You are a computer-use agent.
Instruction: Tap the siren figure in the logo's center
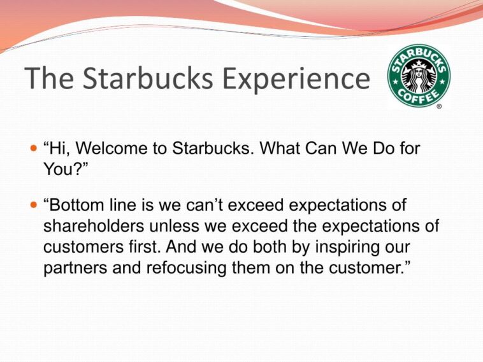pyautogui.click(x=419, y=74)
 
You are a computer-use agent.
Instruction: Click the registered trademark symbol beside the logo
pyautogui.click(x=439, y=107)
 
